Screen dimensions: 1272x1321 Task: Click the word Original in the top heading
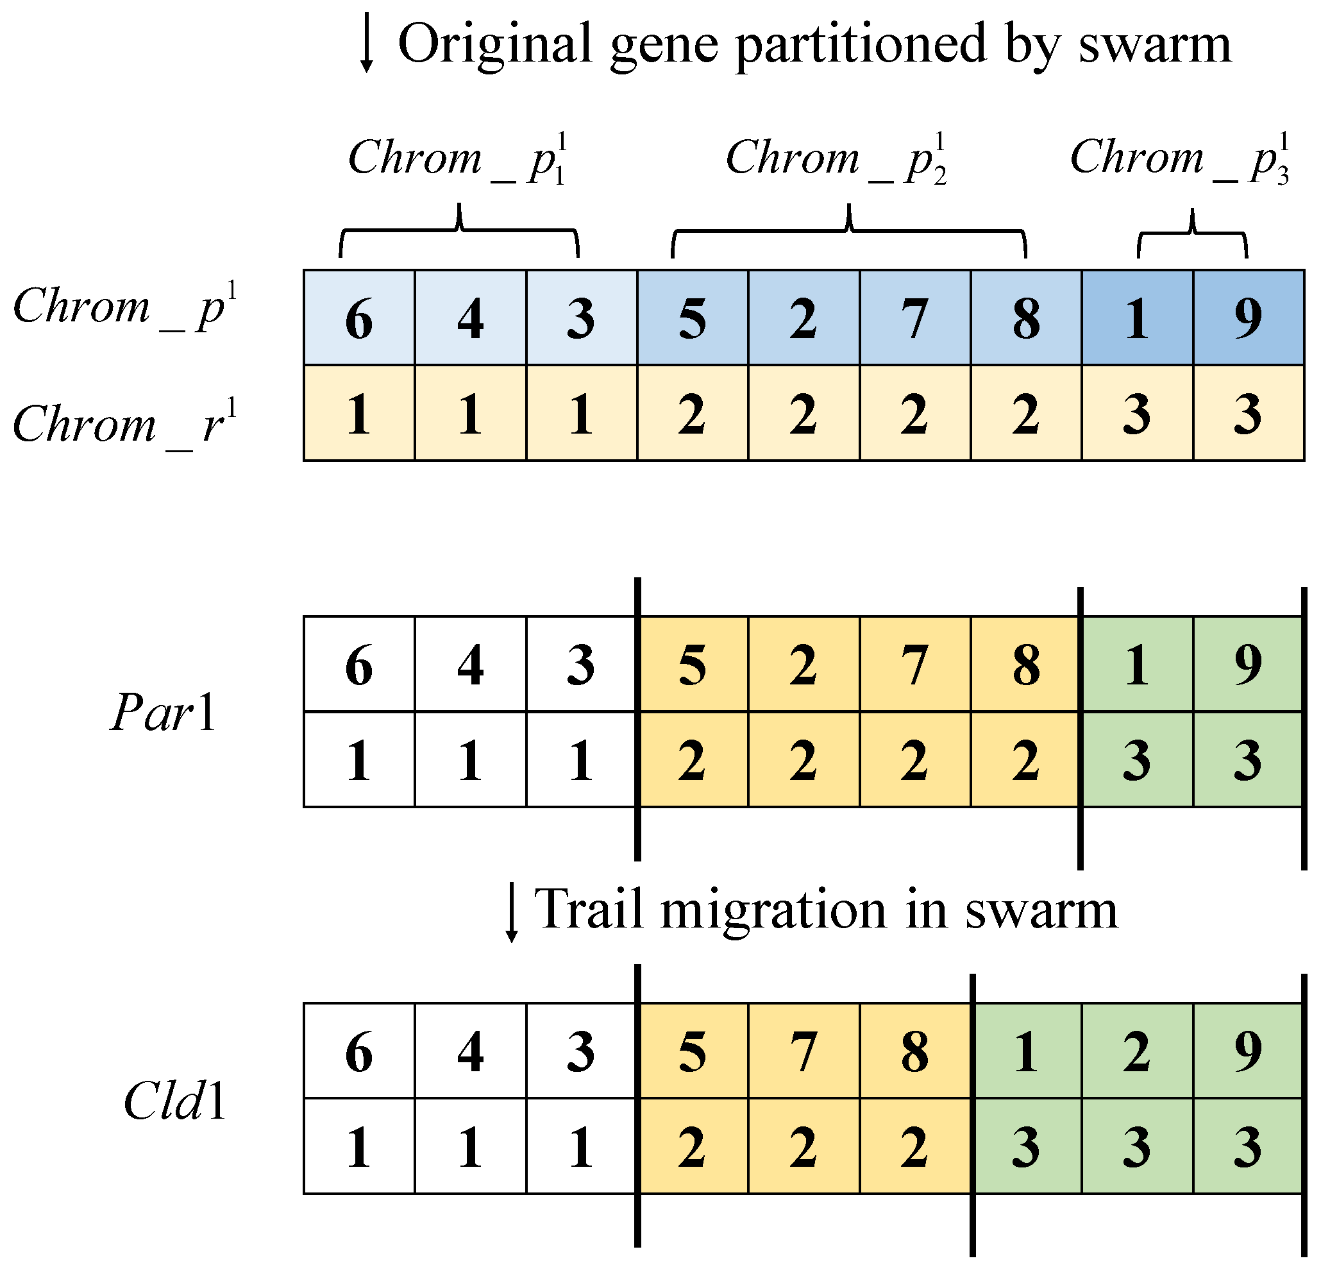(494, 44)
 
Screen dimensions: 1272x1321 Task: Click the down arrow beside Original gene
(366, 44)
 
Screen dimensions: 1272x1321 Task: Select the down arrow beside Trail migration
(512, 912)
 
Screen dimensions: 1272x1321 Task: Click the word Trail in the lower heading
(591, 910)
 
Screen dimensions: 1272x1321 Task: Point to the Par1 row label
(163, 713)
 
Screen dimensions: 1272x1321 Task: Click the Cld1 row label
(174, 1101)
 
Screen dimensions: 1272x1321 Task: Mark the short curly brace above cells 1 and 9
(1192, 235)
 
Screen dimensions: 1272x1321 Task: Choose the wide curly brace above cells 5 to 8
(848, 233)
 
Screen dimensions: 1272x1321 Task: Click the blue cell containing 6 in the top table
(359, 318)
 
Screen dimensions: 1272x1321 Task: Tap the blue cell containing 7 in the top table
(914, 318)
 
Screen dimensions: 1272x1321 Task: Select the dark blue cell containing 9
(1248, 318)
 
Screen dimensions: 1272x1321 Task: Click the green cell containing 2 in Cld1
(1137, 1052)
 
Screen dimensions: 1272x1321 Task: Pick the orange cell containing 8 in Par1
(1025, 665)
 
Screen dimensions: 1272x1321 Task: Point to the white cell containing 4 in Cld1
(471, 1052)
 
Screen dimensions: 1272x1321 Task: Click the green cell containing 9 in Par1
(1248, 665)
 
